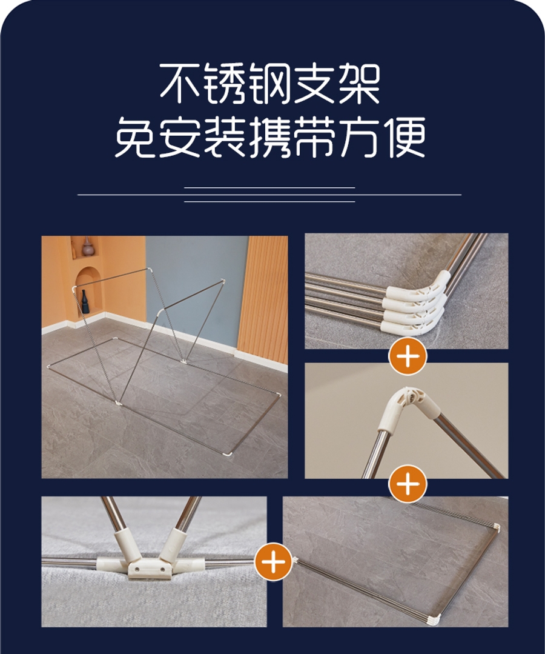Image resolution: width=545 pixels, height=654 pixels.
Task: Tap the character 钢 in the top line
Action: pyautogui.click(x=271, y=84)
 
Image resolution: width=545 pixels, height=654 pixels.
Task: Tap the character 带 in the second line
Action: pyautogui.click(x=315, y=137)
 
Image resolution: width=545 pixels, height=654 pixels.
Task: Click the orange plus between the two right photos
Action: pyautogui.click(x=408, y=356)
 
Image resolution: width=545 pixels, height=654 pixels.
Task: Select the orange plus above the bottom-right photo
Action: pyautogui.click(x=408, y=484)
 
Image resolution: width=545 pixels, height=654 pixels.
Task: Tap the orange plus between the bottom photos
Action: pyautogui.click(x=273, y=561)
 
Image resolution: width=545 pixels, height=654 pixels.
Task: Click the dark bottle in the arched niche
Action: pyautogui.click(x=85, y=302)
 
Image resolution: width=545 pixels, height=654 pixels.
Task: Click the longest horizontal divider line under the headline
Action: pyautogui.click(x=269, y=195)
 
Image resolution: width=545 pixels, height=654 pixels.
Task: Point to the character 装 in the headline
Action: pyautogui.click(x=225, y=137)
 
